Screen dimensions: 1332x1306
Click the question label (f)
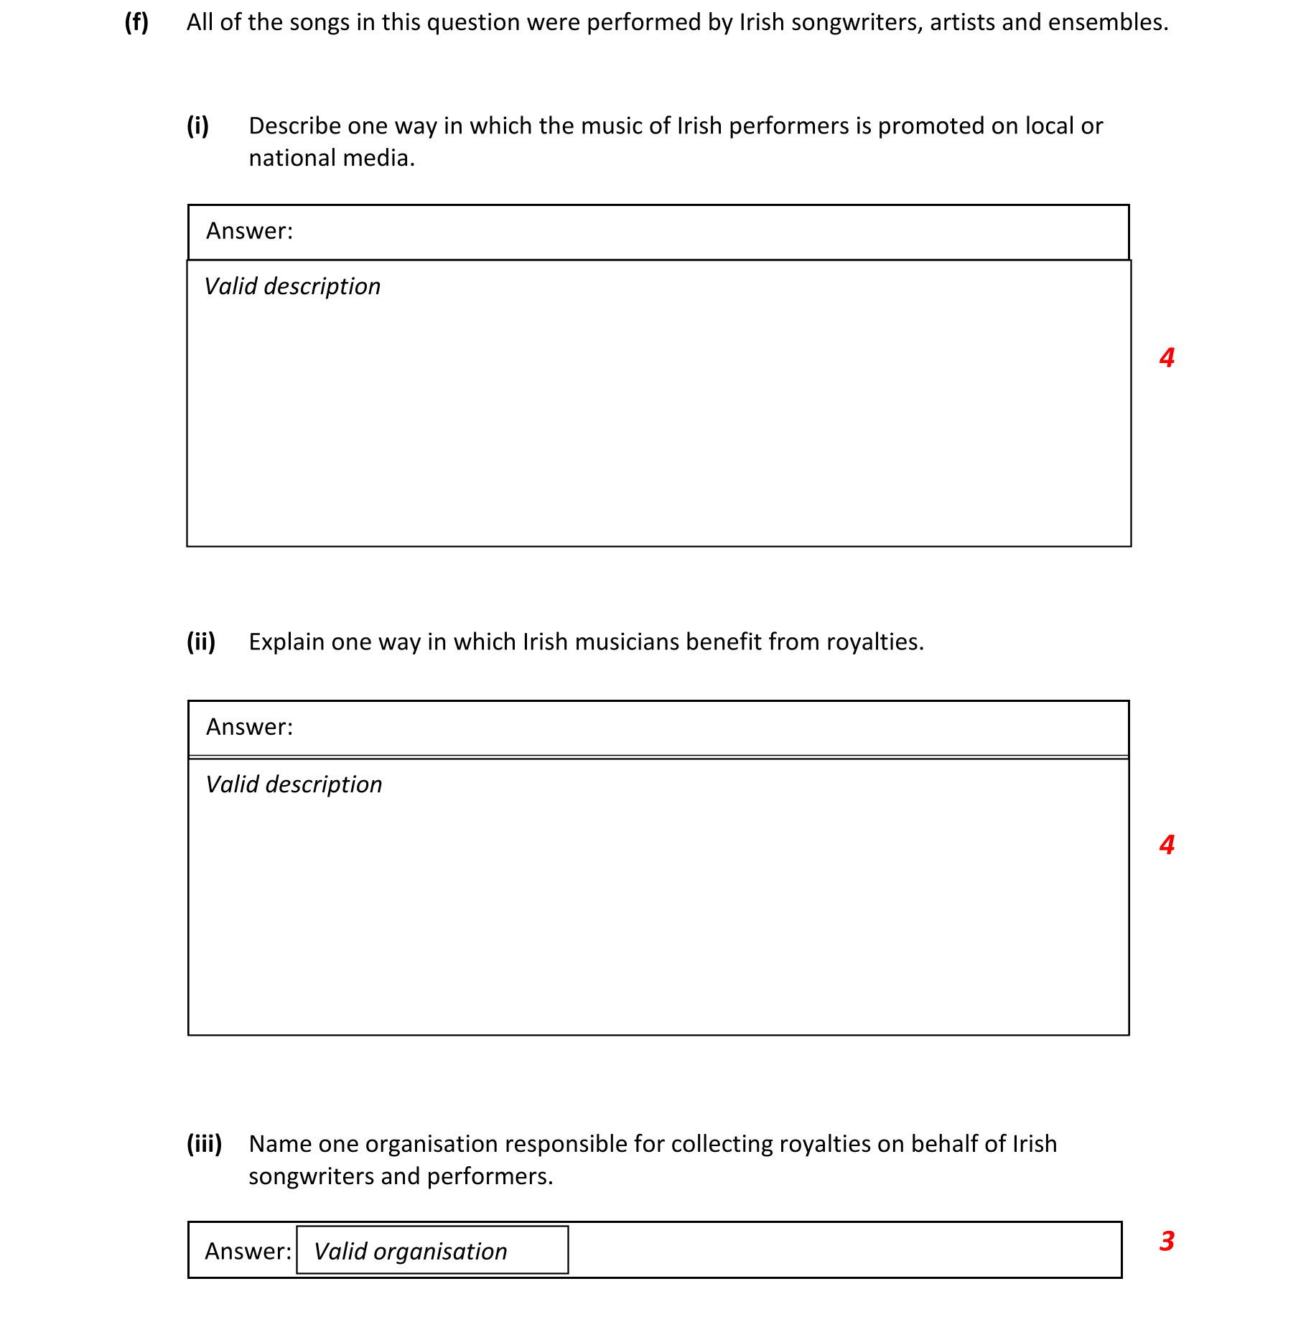pyautogui.click(x=136, y=23)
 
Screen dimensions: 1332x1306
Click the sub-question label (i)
pyautogui.click(x=197, y=126)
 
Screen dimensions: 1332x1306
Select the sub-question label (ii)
pyautogui.click(x=201, y=642)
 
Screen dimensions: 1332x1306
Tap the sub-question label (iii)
pyautogui.click(x=204, y=1144)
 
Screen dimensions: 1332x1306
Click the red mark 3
pyautogui.click(x=1167, y=1241)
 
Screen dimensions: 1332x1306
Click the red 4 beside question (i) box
pyautogui.click(x=1167, y=357)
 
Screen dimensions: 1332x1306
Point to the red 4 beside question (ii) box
pyautogui.click(x=1167, y=845)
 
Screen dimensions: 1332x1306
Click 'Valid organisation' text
pyautogui.click(x=410, y=1252)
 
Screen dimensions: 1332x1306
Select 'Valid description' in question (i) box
pyautogui.click(x=292, y=286)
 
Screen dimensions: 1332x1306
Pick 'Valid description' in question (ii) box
pyautogui.click(x=294, y=784)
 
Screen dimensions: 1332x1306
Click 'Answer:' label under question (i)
pyautogui.click(x=249, y=231)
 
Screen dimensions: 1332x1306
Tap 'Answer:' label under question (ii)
pyautogui.click(x=249, y=728)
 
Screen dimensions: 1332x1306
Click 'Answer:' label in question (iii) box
pyautogui.click(x=248, y=1252)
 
